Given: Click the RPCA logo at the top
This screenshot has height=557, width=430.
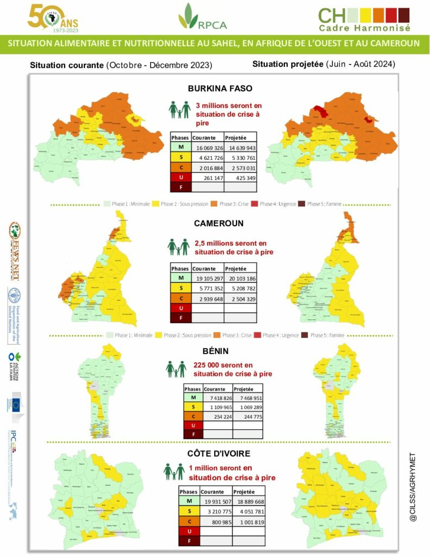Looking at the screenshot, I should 202,17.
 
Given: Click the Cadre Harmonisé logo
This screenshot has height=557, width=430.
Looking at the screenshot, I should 364,19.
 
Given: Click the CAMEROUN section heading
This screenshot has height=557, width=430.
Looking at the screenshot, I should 219,224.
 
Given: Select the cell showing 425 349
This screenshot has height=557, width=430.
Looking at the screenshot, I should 240,178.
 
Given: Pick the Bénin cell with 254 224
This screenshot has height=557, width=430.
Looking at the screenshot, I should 217,415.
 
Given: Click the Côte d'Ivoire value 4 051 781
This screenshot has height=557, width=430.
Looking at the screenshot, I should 248,511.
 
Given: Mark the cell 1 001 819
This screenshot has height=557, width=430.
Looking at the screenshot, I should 248,521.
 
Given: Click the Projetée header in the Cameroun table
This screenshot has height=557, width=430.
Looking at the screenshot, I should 236,269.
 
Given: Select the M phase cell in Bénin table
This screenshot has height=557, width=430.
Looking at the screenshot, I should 192,399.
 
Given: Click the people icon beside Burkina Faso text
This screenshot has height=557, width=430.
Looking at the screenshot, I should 179,110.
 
